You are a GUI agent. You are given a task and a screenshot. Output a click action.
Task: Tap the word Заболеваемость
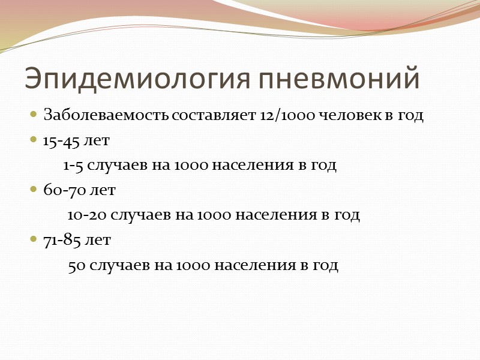point(106,116)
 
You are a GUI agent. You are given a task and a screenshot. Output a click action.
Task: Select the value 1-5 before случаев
point(74,166)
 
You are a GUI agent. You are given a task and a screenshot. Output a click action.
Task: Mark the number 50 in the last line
point(76,265)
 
